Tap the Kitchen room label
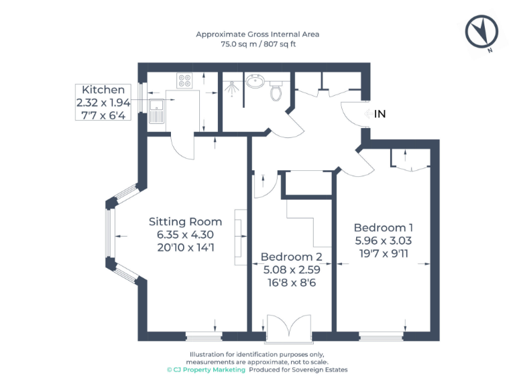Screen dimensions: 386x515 [103, 90]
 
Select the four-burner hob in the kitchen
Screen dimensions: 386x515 [185, 80]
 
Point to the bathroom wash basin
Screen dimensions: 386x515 [255, 82]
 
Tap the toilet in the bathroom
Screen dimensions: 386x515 [276, 90]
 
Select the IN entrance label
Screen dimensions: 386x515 [380, 115]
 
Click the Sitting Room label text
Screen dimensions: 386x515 [185, 222]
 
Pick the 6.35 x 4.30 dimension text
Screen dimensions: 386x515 [185, 235]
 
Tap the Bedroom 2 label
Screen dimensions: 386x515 [291, 257]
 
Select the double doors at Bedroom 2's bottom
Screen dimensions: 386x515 [289, 328]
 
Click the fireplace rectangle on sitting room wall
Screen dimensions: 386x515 [239, 238]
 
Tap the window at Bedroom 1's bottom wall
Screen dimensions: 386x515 [382, 336]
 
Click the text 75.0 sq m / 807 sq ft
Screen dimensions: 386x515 [258, 44]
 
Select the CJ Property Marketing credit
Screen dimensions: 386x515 [207, 369]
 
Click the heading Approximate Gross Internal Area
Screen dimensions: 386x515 [257, 34]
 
